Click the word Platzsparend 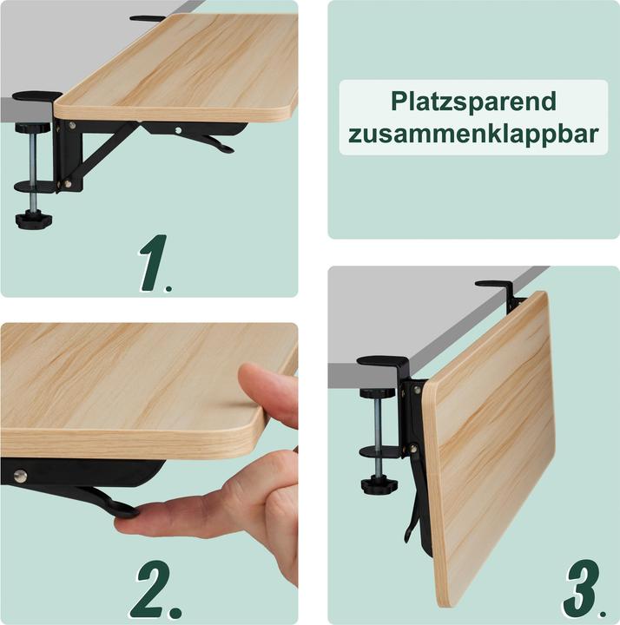[x=473, y=102]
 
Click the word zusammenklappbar [x=473, y=135]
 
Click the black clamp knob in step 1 [x=34, y=218]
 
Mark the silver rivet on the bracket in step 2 [x=19, y=474]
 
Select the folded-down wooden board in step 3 [x=491, y=451]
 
